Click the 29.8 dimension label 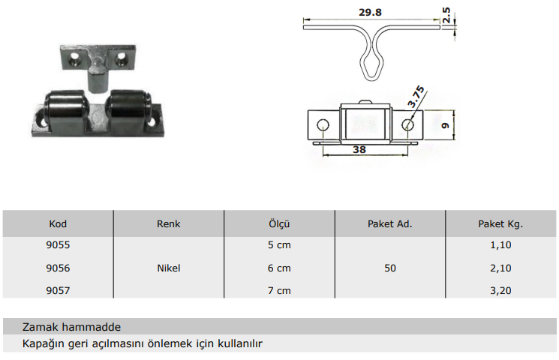tap(370, 13)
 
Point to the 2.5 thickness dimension tap(446, 15)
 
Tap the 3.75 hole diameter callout tap(416, 97)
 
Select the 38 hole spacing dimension tap(359, 149)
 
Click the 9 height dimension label tap(445, 125)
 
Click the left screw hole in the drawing tap(323, 125)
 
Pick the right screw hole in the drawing tap(408, 125)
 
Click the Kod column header tap(58, 223)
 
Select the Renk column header tap(169, 223)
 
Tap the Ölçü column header tap(279, 223)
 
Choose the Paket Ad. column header tap(390, 223)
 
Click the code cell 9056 tap(58, 268)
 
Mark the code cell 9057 tap(58, 290)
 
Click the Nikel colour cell tap(169, 268)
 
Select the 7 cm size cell tap(279, 290)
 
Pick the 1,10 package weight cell tap(500, 244)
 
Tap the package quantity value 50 tap(390, 268)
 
